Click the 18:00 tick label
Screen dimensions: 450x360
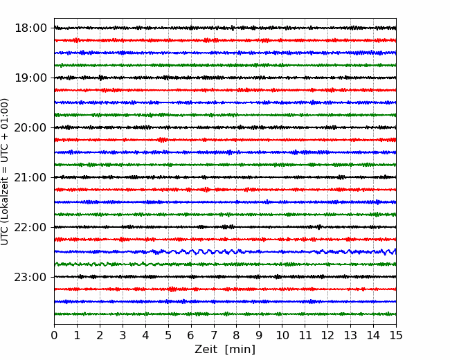(x=30, y=28)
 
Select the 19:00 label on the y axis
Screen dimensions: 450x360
(x=30, y=78)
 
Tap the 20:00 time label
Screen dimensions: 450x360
(x=30, y=127)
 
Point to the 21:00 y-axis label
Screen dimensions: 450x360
(x=30, y=177)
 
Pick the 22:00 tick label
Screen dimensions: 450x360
(x=30, y=227)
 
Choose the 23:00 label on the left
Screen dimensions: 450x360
(x=30, y=277)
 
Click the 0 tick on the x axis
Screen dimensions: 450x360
(x=54, y=335)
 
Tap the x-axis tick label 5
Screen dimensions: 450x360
(x=168, y=335)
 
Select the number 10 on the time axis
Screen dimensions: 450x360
(x=282, y=335)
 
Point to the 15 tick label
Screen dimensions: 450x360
(x=396, y=335)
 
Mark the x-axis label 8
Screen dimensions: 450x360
(x=237, y=335)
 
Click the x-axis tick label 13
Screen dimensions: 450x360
(x=350, y=335)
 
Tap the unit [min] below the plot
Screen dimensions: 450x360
(x=240, y=350)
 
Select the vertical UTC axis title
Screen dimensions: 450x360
(x=5, y=172)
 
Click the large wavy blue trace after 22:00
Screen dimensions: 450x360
(x=225, y=252)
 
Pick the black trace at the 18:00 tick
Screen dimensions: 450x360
(x=225, y=28)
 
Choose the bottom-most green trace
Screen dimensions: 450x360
(x=225, y=314)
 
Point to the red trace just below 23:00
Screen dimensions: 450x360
(x=225, y=289)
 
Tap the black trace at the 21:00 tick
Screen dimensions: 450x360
(x=225, y=177)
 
